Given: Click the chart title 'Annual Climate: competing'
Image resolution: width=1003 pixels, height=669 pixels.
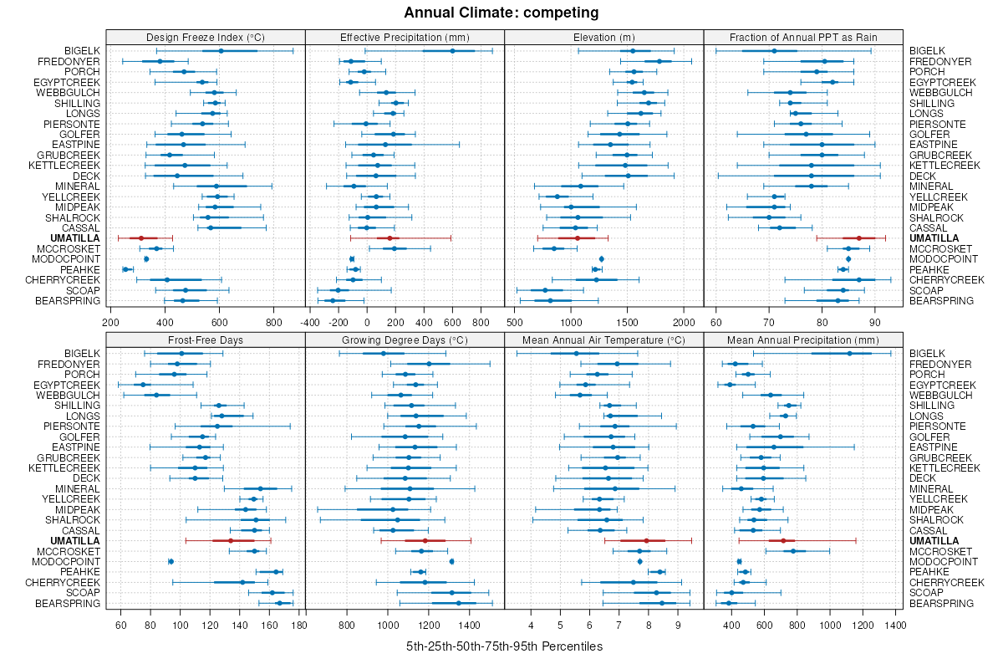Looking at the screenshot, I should coord(501,13).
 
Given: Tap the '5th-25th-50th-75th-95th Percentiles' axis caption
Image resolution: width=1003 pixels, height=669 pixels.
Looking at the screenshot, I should coord(504,646).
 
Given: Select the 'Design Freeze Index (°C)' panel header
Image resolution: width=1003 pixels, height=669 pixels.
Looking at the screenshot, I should coord(206,37).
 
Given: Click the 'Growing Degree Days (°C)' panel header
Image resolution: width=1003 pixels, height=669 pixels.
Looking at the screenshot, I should coord(405,340).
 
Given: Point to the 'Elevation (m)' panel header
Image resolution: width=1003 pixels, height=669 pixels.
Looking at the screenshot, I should coord(603,37).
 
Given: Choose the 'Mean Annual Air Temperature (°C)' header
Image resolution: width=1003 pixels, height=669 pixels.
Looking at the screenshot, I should coord(603,340).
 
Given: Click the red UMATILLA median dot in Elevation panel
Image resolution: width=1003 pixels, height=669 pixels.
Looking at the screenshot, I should coord(577,238).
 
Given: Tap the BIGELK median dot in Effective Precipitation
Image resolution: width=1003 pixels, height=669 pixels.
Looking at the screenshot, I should coord(452,51).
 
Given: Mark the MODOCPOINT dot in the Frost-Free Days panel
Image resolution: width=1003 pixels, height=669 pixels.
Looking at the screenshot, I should coord(171,561).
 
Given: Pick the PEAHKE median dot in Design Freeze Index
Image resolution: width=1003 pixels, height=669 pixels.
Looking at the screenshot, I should coord(126,269).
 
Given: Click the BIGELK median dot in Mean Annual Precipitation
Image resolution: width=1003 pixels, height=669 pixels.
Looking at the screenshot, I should coord(849,354).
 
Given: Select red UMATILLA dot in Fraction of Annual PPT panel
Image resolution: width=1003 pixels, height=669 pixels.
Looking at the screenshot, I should coord(858,238).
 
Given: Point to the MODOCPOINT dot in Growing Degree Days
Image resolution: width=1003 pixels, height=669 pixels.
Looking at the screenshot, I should coord(452,561).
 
